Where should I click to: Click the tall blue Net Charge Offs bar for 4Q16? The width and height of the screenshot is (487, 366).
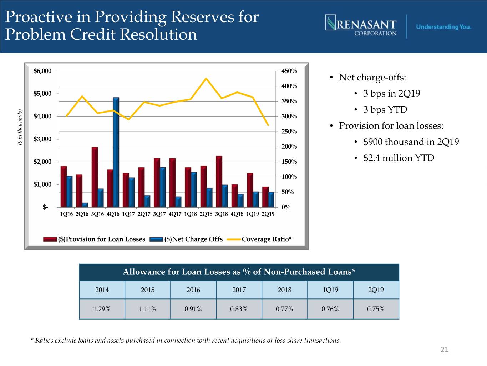[116, 152]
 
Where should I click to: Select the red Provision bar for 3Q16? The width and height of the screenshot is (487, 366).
[95, 177]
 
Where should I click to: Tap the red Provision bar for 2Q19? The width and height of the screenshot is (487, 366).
[265, 197]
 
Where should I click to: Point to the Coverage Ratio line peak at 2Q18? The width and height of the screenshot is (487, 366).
[206, 78]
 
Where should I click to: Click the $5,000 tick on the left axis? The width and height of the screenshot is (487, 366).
[42, 94]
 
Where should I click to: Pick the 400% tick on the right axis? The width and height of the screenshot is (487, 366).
[289, 86]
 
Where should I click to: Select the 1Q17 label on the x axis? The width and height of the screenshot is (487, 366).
[128, 214]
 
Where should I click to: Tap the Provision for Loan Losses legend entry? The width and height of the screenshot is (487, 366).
[102, 239]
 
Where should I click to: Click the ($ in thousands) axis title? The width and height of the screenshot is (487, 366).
[20, 127]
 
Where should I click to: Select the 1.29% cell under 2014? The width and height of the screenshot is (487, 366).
[102, 309]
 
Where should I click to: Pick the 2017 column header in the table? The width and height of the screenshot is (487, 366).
[239, 290]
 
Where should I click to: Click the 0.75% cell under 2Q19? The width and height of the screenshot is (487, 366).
[376, 309]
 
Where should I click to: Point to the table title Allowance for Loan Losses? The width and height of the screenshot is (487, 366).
[239, 272]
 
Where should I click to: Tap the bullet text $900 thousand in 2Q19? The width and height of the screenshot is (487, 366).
[411, 142]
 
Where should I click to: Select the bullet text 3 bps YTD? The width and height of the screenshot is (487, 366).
[385, 110]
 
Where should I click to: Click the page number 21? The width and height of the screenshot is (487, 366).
[444, 350]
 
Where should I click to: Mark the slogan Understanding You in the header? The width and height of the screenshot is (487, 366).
[443, 27]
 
